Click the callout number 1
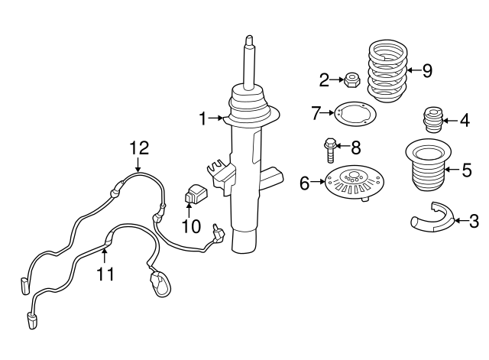click(203, 118)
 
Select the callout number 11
click(105, 273)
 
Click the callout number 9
click(426, 71)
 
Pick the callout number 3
click(473, 222)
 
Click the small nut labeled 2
click(353, 78)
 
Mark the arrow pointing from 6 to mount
click(317, 183)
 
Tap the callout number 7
click(316, 113)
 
